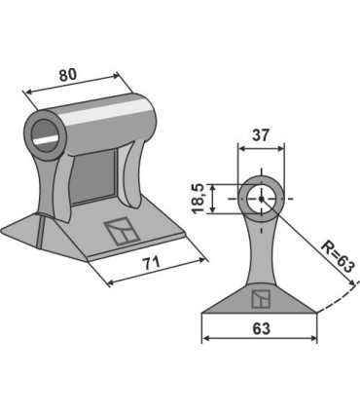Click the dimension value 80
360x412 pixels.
[68, 75]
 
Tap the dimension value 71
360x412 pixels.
[152, 262]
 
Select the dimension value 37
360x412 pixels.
[261, 135]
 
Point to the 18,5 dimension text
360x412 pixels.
[198, 199]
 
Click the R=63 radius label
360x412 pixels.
[337, 257]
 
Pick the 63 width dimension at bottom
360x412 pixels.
[261, 328]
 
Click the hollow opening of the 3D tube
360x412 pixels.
[46, 135]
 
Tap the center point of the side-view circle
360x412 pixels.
[261, 199]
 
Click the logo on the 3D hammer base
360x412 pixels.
[122, 232]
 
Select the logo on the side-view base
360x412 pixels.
[261, 299]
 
